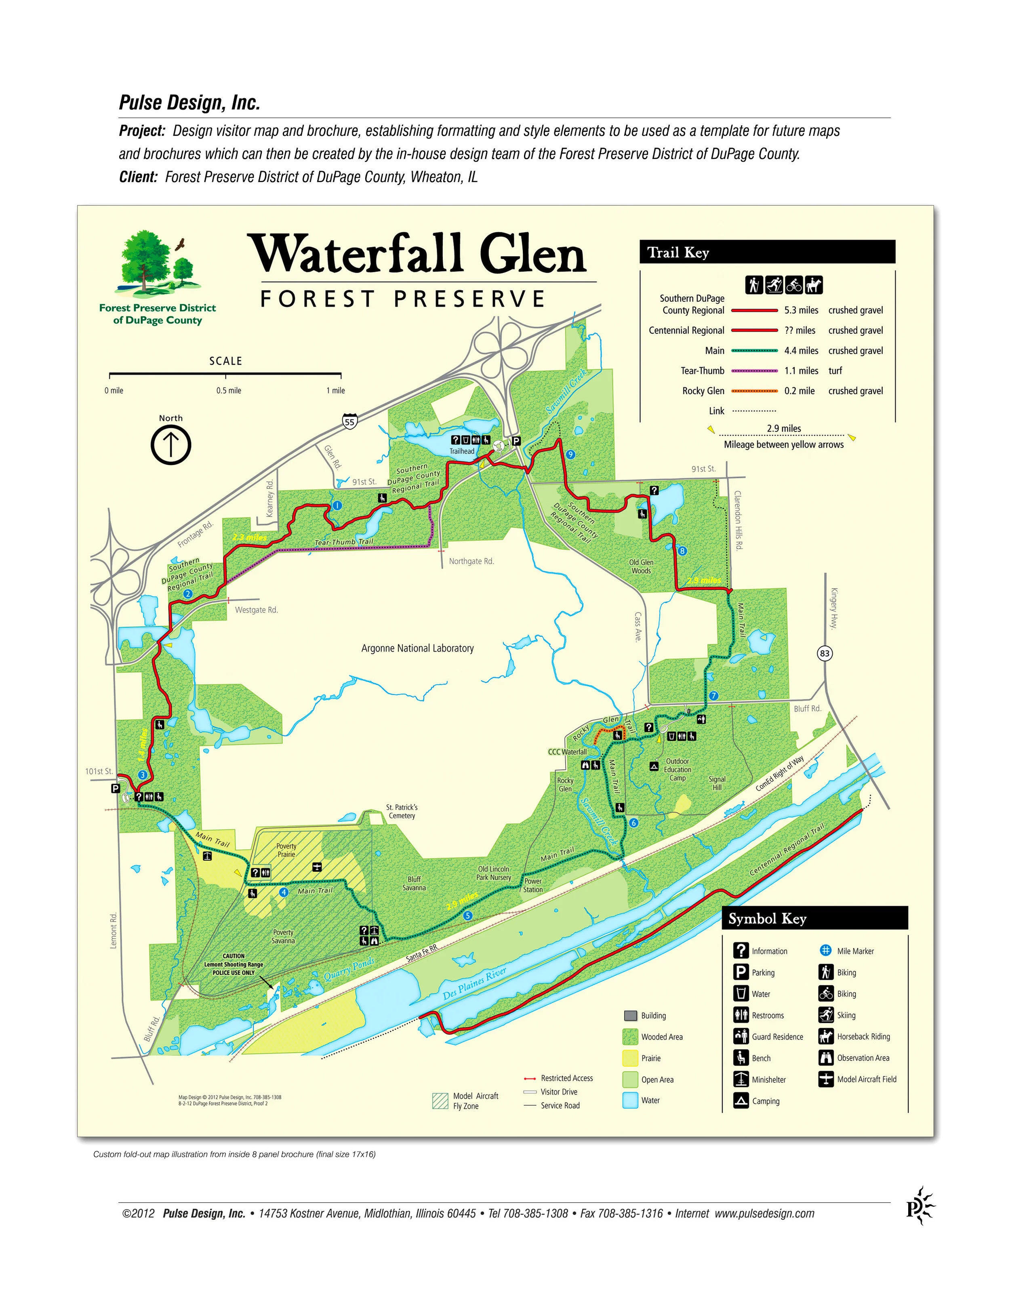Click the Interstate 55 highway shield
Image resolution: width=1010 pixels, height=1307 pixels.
350,422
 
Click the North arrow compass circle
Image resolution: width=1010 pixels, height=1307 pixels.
170,445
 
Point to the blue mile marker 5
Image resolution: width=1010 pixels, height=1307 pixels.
467,916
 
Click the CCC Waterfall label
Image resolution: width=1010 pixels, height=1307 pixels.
567,751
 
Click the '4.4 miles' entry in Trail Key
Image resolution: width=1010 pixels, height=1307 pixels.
801,351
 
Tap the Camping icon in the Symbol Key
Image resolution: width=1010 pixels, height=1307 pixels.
741,1101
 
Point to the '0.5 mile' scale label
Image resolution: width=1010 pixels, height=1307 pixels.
229,391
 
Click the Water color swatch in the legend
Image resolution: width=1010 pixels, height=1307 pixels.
630,1100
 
